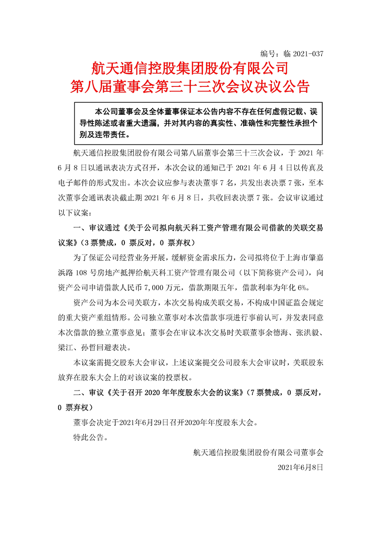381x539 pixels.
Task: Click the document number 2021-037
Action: [x=305, y=54]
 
